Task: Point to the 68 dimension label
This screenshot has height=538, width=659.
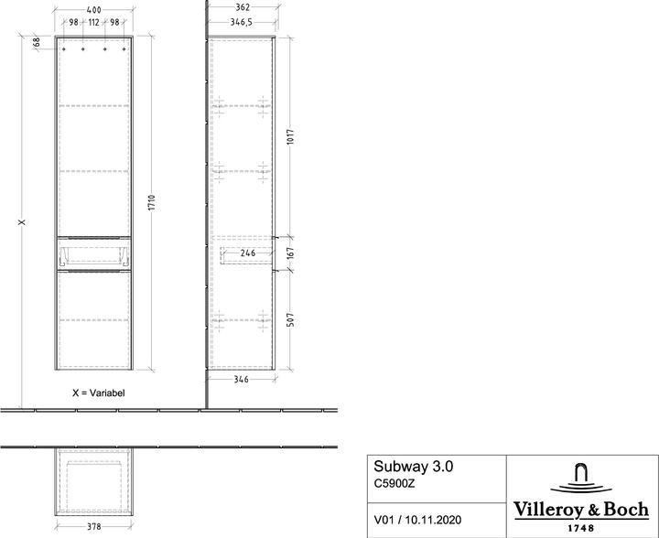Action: point(37,41)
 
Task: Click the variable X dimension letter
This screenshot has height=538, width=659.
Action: point(22,221)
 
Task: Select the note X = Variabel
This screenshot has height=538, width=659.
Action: point(98,392)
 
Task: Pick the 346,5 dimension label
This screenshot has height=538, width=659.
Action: point(242,22)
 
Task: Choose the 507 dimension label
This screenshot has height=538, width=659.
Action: point(291,318)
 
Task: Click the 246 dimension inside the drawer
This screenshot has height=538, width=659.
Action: point(247,253)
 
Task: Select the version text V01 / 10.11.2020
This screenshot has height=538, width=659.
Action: point(418,520)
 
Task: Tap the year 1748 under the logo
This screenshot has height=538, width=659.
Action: point(581,527)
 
